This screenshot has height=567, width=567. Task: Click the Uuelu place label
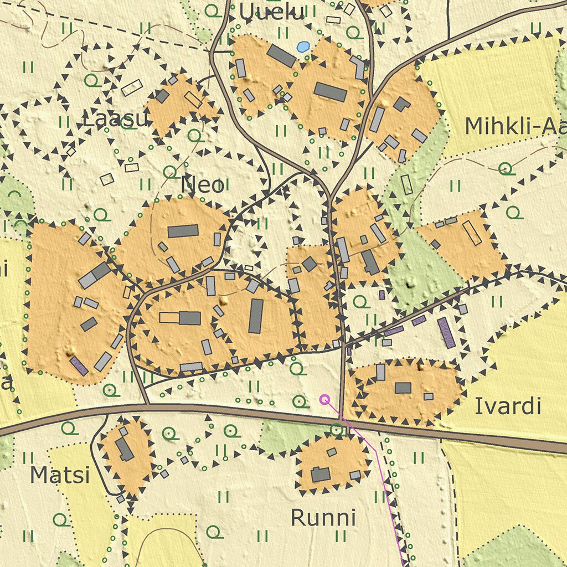(x=272, y=12)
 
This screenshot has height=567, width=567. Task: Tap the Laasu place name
(x=115, y=118)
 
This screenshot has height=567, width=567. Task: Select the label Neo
(x=203, y=185)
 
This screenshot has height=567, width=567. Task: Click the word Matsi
(x=59, y=475)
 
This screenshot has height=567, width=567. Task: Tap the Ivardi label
(x=507, y=406)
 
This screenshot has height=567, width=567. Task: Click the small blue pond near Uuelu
(x=302, y=47)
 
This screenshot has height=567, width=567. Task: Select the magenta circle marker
(x=324, y=399)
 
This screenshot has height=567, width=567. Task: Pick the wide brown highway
(x=221, y=410)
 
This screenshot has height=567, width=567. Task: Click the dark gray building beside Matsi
(x=124, y=449)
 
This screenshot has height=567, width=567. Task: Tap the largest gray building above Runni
(x=321, y=475)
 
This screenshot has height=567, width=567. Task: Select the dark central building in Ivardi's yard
(x=403, y=388)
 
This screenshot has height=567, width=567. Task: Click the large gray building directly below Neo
(x=183, y=231)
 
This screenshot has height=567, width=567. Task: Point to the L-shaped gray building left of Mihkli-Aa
(x=401, y=104)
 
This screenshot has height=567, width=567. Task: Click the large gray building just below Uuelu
(x=281, y=56)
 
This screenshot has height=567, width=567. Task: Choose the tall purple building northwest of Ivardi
(x=446, y=332)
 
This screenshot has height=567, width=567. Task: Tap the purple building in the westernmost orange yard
(x=79, y=366)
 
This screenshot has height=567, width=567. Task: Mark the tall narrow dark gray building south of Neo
(x=255, y=316)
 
